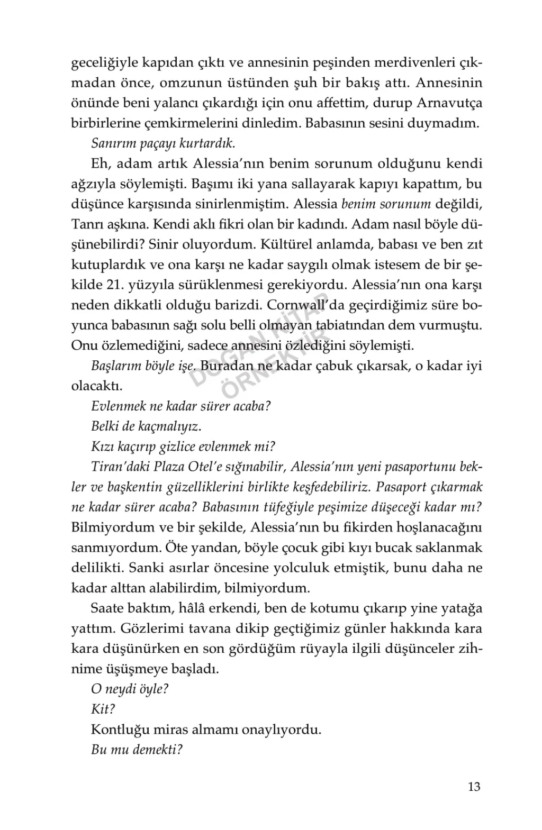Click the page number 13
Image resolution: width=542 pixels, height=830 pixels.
coord(474,787)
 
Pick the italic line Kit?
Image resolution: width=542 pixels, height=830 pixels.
coord(103,709)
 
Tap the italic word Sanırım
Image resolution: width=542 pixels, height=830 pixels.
coord(111,143)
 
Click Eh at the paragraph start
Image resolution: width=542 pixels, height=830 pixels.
coord(100,164)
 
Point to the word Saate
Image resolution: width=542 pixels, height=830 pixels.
coord(108,608)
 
